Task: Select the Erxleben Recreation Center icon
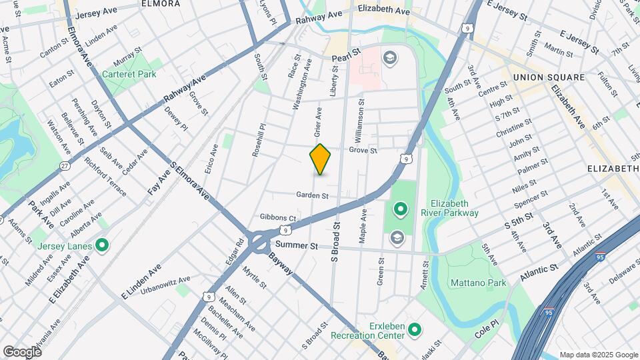pos(414,329)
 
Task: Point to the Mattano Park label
pos(479,283)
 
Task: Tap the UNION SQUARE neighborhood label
pos(548,77)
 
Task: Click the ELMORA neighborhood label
pos(161,3)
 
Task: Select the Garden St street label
pos(313,195)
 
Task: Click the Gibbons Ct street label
pos(278,217)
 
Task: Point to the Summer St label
pos(297,245)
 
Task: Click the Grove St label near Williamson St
pos(363,151)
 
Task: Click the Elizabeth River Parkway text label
pos(454,208)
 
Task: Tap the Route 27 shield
pos(65,165)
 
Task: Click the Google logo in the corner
pos(22,351)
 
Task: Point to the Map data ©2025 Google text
pos(598,355)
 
